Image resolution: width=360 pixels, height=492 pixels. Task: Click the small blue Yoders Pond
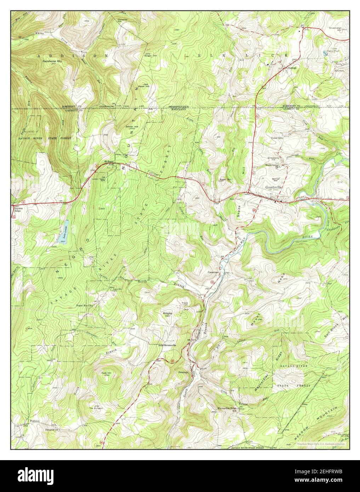click(x=325, y=53)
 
